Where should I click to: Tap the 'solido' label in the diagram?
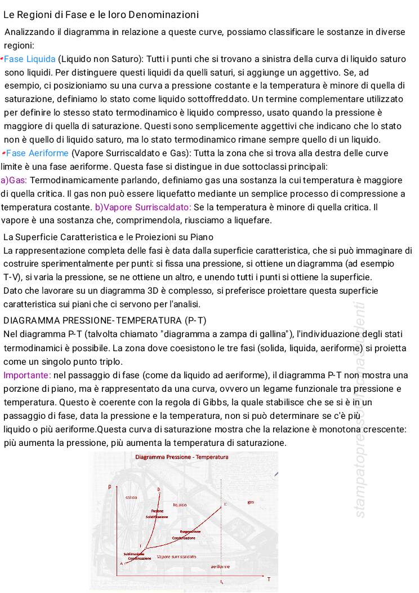(131, 498)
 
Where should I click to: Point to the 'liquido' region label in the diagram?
(180, 505)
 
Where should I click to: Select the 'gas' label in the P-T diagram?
(250, 502)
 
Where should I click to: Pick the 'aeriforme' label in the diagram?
(220, 566)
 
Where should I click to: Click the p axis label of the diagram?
(110, 485)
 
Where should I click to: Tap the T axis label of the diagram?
(269, 579)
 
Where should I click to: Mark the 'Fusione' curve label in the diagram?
(157, 511)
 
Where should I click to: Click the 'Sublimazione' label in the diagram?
(133, 554)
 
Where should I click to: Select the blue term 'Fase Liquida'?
(30, 59)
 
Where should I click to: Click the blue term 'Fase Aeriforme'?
(37, 153)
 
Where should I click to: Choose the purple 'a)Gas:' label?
(14, 180)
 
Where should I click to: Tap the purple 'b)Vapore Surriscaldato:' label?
(143, 207)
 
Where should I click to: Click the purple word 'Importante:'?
(27, 375)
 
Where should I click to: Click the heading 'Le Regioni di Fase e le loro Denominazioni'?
(101, 14)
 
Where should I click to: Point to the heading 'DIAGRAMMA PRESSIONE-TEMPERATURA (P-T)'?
(105, 321)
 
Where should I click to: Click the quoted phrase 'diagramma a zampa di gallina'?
(243, 334)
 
